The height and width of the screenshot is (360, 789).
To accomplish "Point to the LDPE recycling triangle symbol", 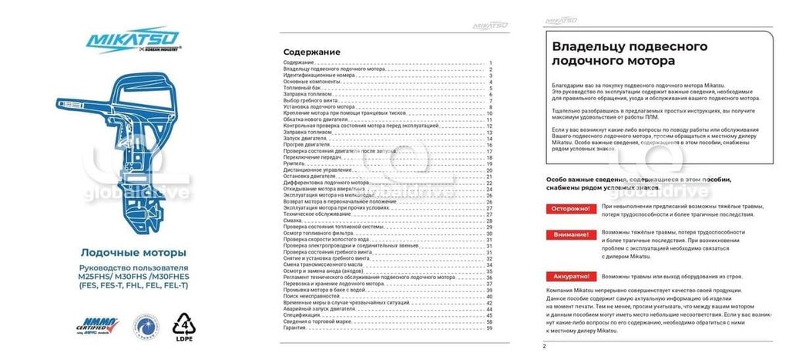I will pos(185,325).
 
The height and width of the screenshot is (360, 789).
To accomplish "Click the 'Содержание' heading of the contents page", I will pos(311,52).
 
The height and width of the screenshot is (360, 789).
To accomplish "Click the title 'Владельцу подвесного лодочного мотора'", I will pos(619,53).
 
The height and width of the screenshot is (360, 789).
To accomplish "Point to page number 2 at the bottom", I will pos(544,346).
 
